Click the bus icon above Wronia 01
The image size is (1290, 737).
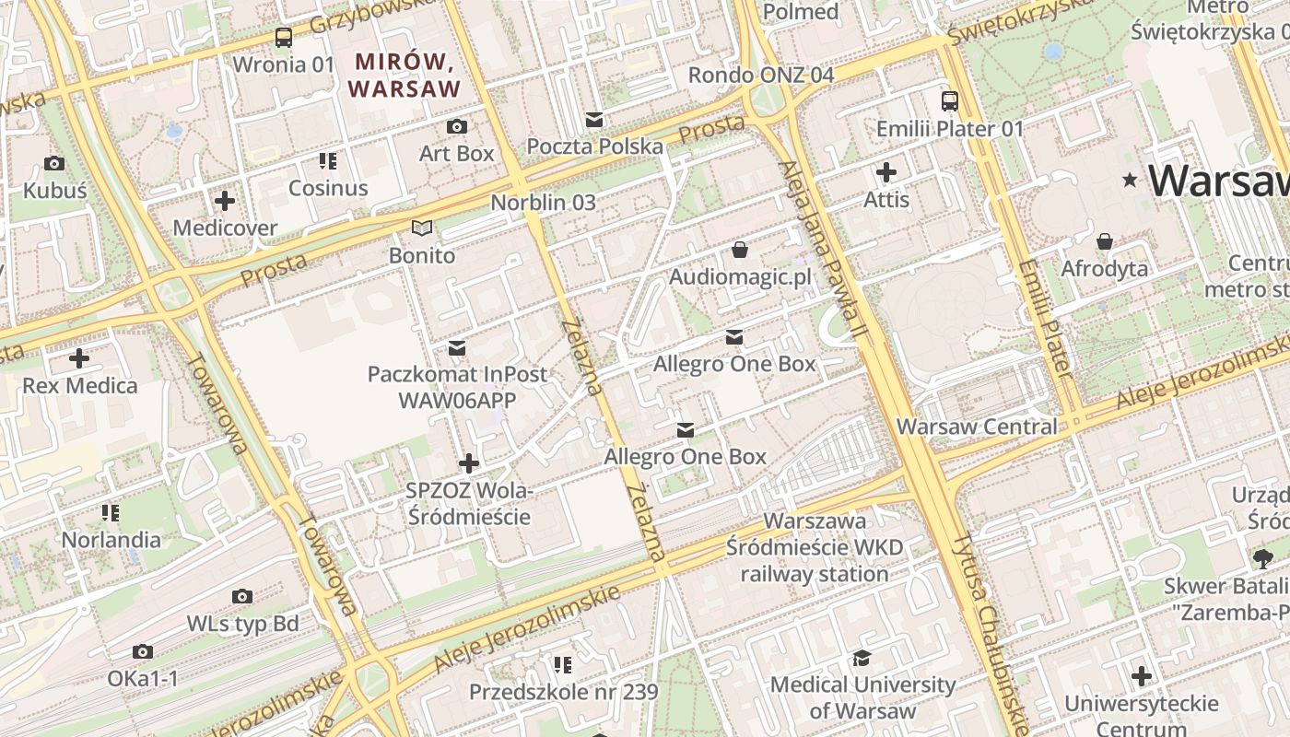pos(284,38)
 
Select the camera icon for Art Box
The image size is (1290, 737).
pos(456,126)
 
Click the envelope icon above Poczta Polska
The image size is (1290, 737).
pos(594,120)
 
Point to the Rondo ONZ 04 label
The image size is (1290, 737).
pos(761,75)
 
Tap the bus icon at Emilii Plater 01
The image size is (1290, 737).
pos(949,101)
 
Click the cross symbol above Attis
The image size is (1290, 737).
pos(886,172)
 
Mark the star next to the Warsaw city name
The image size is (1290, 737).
pos(1130,181)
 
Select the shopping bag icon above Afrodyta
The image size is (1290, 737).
pos(1104,242)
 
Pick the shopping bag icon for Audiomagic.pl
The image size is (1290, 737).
pos(739,250)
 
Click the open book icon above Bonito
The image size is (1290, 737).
pos(422,228)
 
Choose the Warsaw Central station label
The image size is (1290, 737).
pos(977,427)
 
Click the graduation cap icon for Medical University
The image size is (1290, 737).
pos(862,658)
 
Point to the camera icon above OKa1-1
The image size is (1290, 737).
pos(142,652)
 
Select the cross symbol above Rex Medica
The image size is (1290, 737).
pos(79,357)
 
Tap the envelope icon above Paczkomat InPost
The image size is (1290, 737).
pos(456,348)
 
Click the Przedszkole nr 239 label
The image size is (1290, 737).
pos(563,692)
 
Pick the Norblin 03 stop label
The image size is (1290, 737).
pos(543,202)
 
